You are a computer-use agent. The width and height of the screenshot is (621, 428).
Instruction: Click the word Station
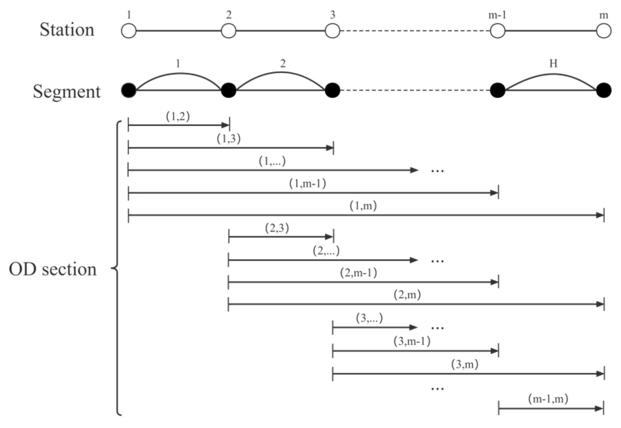pos(67,30)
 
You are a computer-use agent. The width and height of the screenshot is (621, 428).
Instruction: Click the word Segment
pos(67,91)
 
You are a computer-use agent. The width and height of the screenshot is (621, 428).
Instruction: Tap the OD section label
pos(53,269)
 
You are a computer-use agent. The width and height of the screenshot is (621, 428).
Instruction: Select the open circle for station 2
pos(229,31)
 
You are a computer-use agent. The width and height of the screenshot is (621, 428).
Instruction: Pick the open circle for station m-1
pos(498,31)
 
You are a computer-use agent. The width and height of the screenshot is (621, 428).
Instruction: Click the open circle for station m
pos(604,31)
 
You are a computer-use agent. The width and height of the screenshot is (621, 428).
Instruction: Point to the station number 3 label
pos(332,15)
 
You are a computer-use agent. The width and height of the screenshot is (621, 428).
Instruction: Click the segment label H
pos(553,63)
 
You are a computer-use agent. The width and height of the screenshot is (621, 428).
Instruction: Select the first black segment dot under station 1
pos(129,90)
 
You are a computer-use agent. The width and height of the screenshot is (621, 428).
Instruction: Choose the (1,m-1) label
pos(307,184)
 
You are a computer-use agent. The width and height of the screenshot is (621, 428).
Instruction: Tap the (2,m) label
pos(407,295)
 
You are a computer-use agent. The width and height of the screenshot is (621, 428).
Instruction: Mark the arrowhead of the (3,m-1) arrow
pos(494,351)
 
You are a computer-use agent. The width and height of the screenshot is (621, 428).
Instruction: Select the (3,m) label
pos(465,365)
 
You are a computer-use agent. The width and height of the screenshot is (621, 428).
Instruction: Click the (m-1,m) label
pos(548,399)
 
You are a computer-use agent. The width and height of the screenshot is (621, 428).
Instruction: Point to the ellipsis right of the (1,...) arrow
pos(437,171)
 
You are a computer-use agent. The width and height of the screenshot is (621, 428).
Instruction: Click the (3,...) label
pos(369,318)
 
